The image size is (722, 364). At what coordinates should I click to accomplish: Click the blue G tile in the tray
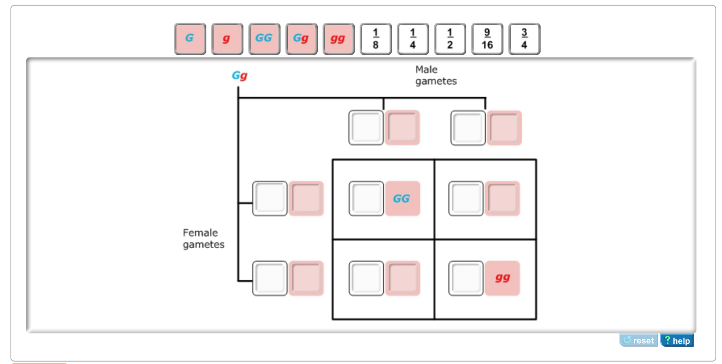(x=190, y=39)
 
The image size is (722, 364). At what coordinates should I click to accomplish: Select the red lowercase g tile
(x=227, y=39)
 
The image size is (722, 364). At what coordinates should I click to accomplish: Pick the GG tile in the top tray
(x=264, y=39)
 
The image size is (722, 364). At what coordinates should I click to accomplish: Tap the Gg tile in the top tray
(x=301, y=39)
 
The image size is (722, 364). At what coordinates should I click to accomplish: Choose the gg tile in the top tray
(x=338, y=39)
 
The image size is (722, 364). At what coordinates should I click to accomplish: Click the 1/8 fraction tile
(x=376, y=39)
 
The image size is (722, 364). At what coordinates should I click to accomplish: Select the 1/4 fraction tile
(x=413, y=39)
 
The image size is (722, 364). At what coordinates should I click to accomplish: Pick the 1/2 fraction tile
(x=450, y=39)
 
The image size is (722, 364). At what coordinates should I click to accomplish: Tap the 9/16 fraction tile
(x=487, y=39)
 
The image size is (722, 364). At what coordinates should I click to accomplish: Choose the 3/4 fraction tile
(x=524, y=39)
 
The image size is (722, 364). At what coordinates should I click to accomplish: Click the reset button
(x=638, y=341)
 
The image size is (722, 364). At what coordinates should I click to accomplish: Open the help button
(x=677, y=341)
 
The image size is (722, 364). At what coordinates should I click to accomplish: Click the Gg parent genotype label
(x=239, y=76)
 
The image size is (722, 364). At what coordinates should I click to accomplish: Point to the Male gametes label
(x=435, y=76)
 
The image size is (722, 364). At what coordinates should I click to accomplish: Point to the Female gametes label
(x=203, y=239)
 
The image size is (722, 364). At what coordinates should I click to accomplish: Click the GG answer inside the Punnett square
(x=402, y=199)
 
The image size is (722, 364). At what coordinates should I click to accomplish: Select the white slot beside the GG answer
(x=366, y=199)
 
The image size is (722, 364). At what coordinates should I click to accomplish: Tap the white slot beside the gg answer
(x=466, y=278)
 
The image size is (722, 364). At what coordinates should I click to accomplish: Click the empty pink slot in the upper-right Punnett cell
(x=502, y=199)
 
